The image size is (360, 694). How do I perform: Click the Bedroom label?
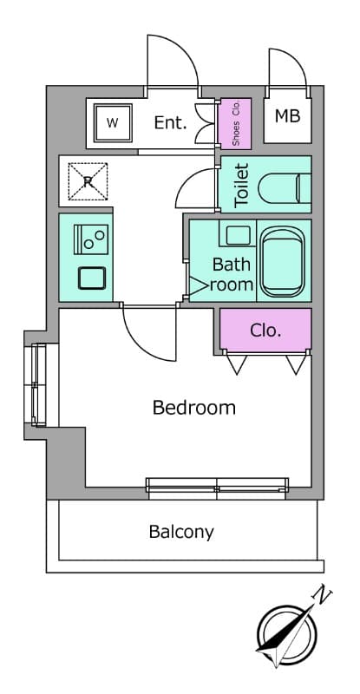coord(194,408)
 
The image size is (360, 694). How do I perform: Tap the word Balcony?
coord(181,532)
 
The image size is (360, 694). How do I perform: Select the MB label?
coord(287,116)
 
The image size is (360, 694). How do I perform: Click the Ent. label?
coord(170,122)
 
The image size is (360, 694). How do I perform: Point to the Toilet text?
coord(242,185)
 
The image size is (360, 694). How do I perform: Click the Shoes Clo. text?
coord(236,122)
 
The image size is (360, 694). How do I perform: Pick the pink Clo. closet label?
coord(265,331)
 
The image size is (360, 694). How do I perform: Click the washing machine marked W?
coord(113,123)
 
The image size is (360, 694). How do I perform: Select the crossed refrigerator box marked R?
coord(88,181)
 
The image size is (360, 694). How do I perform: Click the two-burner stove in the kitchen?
coord(91,239)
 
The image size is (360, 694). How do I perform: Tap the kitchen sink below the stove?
coord(92,278)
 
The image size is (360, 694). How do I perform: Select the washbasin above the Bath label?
coord(239,236)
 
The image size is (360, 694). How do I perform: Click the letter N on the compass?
coord(323,597)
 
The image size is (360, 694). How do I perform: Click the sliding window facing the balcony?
coord(217,488)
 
